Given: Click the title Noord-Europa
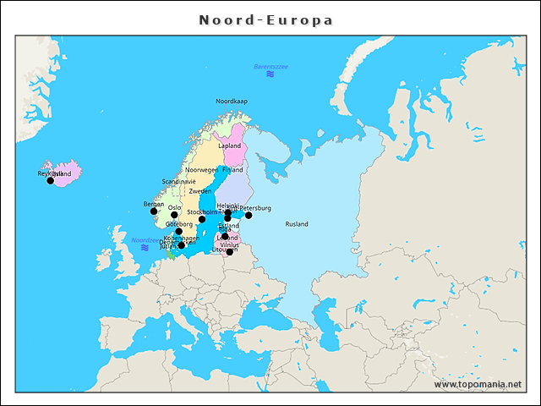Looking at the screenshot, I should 266,19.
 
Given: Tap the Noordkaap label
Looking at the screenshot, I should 232,101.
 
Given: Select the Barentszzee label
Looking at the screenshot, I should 270,66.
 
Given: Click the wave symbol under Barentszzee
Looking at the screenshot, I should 270,74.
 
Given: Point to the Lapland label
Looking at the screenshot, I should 229,145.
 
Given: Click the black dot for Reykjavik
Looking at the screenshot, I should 50,180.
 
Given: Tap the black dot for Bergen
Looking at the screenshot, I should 154,211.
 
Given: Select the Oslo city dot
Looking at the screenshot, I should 174,215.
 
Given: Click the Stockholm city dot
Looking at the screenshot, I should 201,219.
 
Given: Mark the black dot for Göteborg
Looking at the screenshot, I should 178,231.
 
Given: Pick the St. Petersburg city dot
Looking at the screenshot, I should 249,215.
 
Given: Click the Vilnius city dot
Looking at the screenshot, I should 229,251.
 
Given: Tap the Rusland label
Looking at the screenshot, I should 297,224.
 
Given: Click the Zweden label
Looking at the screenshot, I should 200,192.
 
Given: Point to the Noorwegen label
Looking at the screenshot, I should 201,170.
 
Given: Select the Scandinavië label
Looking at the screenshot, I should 178,181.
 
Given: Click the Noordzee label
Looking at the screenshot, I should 145,239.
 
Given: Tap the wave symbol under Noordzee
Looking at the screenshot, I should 145,248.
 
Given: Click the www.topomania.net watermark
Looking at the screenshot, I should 478,384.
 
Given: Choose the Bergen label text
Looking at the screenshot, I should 154,204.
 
